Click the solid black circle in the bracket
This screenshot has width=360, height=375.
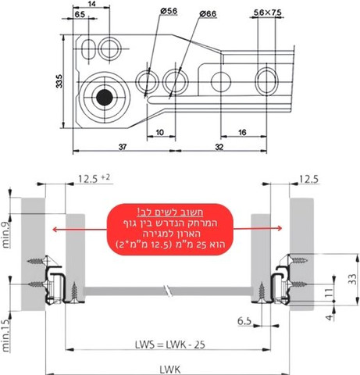click(x=105, y=98)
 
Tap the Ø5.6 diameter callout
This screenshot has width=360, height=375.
click(x=169, y=11)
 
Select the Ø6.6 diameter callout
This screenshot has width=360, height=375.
click(x=208, y=13)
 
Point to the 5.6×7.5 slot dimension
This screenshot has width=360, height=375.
click(x=267, y=12)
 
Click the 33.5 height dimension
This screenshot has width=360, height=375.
click(x=59, y=81)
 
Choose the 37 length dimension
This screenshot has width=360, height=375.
click(x=123, y=147)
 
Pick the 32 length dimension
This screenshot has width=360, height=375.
click(x=219, y=147)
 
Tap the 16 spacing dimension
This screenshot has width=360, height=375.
click(x=242, y=132)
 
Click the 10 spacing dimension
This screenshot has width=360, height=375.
click(x=159, y=132)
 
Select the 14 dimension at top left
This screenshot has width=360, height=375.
click(x=91, y=4)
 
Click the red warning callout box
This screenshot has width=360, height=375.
click(x=170, y=230)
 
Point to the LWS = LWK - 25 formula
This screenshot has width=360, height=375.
click(x=170, y=345)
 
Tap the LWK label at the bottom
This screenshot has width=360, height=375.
click(x=170, y=370)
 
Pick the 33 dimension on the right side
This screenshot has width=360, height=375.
click(x=352, y=279)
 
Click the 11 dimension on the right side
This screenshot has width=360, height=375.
click(x=329, y=292)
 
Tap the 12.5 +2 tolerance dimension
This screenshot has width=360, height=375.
click(x=94, y=179)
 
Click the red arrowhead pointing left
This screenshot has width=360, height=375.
click(x=55, y=230)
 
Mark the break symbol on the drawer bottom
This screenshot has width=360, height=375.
click(x=168, y=291)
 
